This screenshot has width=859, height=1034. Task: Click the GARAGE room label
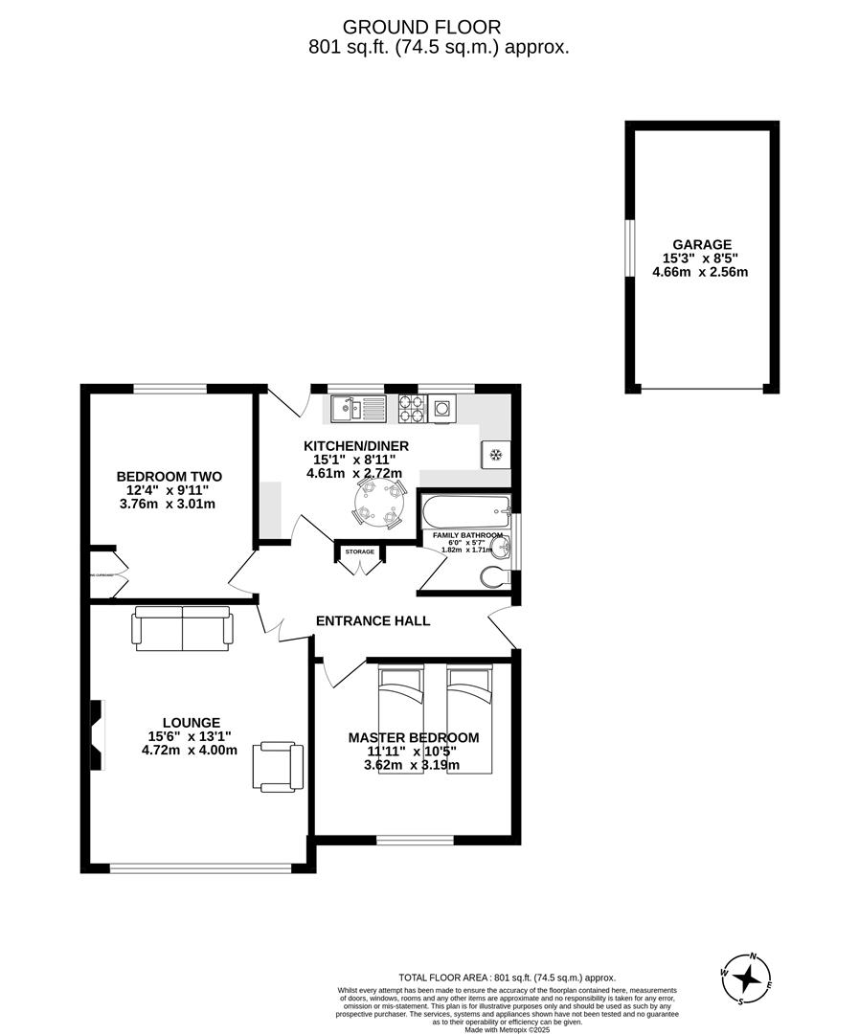pos(701,244)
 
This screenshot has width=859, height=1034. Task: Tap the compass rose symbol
pos(747,979)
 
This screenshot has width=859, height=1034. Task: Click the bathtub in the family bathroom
pos(465,511)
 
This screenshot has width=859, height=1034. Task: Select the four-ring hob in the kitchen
pos(413,409)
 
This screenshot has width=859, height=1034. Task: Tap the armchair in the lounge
pos(279,767)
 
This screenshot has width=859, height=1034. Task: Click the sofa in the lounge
pos(183,628)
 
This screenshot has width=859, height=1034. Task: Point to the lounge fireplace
pos(97,734)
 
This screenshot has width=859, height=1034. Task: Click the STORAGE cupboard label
pos(360,552)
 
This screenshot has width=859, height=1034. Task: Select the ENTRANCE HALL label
pos(373,620)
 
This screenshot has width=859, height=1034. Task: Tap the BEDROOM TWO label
pos(170,476)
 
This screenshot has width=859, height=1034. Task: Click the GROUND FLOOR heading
pos(421,28)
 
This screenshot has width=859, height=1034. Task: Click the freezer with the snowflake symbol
pos(496,454)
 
